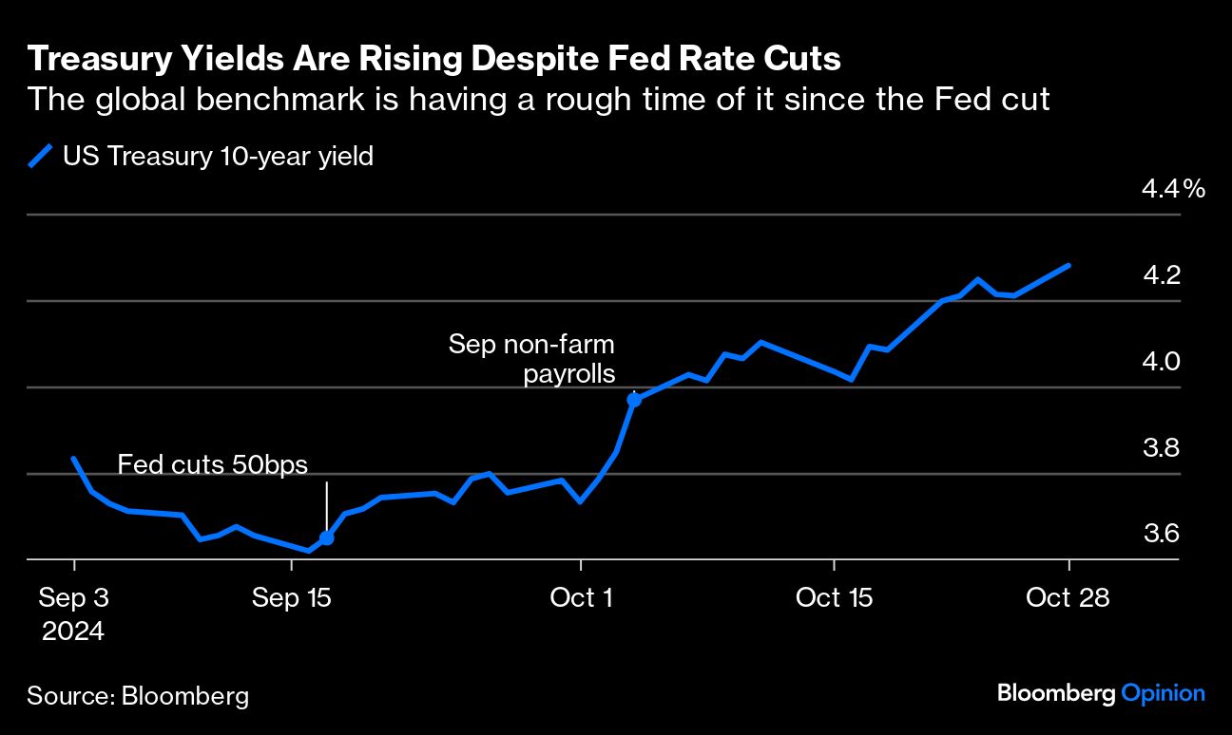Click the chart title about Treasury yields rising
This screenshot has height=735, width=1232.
click(x=434, y=60)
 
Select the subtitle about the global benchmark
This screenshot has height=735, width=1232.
click(x=538, y=99)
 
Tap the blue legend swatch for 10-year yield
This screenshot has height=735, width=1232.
click(x=40, y=157)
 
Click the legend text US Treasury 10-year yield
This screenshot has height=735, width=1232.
click(x=218, y=157)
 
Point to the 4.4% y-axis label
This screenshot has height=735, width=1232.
click(x=1173, y=189)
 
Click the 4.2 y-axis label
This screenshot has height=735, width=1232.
click(x=1161, y=275)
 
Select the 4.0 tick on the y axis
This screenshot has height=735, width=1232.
click(x=1161, y=362)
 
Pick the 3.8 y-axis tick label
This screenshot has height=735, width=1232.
click(x=1161, y=447)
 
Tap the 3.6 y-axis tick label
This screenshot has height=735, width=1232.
click(x=1161, y=534)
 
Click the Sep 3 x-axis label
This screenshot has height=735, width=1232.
click(x=74, y=598)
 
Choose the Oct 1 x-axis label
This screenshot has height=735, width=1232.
click(x=580, y=598)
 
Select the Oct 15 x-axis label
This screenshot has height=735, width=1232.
click(x=833, y=598)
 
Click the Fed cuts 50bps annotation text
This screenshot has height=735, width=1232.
click(x=214, y=464)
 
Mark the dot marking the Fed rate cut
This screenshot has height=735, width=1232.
click(x=326, y=538)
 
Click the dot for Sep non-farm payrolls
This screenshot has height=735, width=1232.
click(x=634, y=400)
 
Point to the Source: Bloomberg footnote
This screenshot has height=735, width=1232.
click(x=138, y=696)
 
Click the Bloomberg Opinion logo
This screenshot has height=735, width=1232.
click(x=1101, y=694)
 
